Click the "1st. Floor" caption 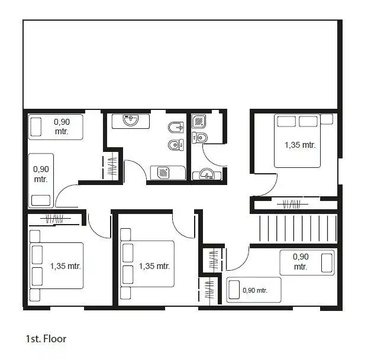coord(46,339)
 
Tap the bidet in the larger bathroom coord(176,128)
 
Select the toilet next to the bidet coord(176,144)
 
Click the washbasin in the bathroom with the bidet coord(131,120)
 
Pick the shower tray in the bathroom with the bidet coord(163,172)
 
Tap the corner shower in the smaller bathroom coord(199,121)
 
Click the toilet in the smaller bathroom coord(199,138)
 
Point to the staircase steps coord(298,228)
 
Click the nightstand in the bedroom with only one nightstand coord(327,119)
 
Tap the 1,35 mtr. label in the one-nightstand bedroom coord(300,145)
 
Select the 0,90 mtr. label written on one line coord(255,290)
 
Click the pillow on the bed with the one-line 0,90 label coord(234,290)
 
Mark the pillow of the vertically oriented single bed coord(41,200)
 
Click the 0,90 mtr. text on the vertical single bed coord(41,174)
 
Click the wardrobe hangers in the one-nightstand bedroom coord(292,204)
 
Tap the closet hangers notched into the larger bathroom coord(112,166)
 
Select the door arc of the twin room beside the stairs coord(237,258)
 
